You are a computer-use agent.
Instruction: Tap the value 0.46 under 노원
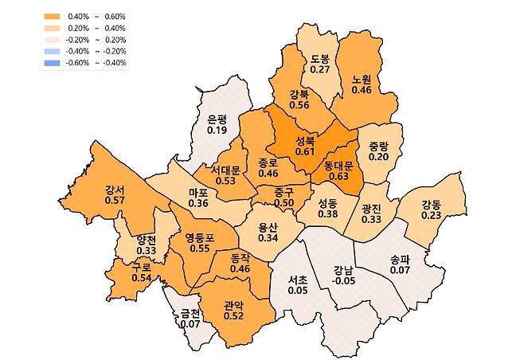(x=362, y=90)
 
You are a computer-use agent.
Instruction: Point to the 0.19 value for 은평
(x=217, y=129)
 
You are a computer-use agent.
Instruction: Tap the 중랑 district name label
(x=378, y=146)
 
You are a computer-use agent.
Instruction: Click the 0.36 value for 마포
(x=199, y=204)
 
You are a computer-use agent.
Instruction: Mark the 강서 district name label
(x=114, y=190)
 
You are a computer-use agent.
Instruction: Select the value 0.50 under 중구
(x=284, y=203)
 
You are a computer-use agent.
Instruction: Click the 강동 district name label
(x=431, y=202)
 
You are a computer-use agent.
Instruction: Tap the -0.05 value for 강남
(x=344, y=280)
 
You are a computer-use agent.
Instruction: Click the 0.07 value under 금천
(x=190, y=324)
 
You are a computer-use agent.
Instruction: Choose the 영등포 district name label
(x=200, y=237)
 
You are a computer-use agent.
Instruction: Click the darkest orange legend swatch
(x=53, y=16)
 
